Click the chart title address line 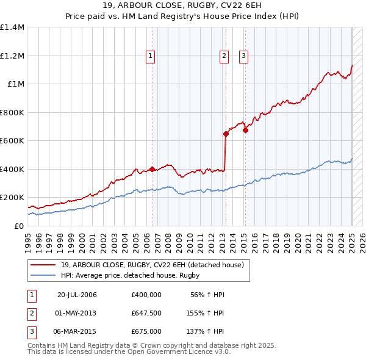coord(183,7)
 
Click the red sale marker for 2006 coord(152,170)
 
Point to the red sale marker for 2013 coord(226,134)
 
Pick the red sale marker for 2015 coord(245,130)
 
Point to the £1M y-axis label coord(15,84)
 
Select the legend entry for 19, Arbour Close coord(152,265)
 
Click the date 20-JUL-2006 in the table coord(77,295)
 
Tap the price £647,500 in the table coord(146,313)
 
